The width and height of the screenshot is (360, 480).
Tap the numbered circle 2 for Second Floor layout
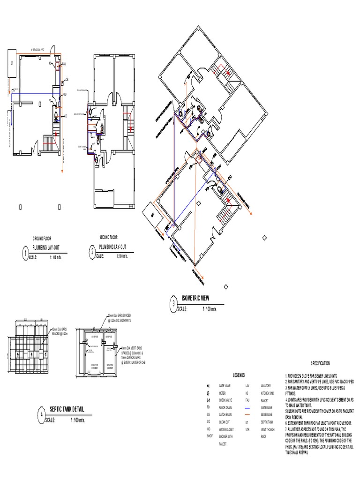92,253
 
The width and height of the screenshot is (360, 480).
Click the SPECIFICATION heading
321,363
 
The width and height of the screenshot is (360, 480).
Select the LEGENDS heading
239,375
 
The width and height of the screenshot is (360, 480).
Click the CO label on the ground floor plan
66,116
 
